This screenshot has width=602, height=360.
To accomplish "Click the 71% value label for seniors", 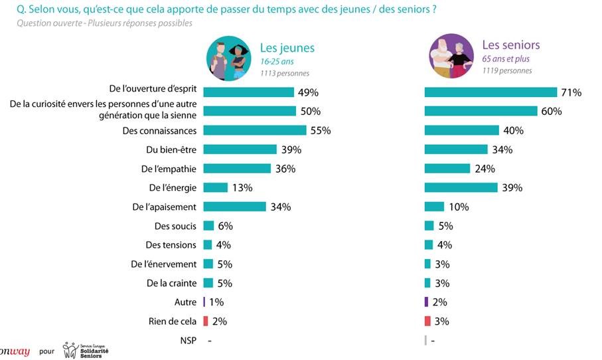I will pyautogui.click(x=571, y=92).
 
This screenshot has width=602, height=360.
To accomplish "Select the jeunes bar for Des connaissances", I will pyautogui.click(x=254, y=130).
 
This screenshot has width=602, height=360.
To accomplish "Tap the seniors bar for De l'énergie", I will pyautogui.click(x=461, y=187).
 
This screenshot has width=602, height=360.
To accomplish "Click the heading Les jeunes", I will pyautogui.click(x=287, y=47).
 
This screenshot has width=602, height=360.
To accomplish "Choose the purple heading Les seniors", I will pyautogui.click(x=510, y=45).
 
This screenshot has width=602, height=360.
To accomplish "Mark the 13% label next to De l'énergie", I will pyautogui.click(x=242, y=188).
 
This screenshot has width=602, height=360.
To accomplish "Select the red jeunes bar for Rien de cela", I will pyautogui.click(x=206, y=321).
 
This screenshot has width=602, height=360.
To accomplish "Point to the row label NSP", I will pyautogui.click(x=188, y=341).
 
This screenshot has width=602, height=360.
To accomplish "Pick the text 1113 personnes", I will pyautogui.click(x=285, y=73).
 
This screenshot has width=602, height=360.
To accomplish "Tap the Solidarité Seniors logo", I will pyautogui.click(x=86, y=349).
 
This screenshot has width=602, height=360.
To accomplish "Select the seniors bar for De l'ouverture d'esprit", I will pyautogui.click(x=490, y=92).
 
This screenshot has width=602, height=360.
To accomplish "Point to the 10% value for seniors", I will pyautogui.click(x=459, y=207).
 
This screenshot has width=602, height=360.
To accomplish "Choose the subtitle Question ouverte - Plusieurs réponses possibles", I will pyautogui.click(x=104, y=23).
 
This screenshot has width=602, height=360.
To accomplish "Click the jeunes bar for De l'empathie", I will pyautogui.click(x=237, y=169).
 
